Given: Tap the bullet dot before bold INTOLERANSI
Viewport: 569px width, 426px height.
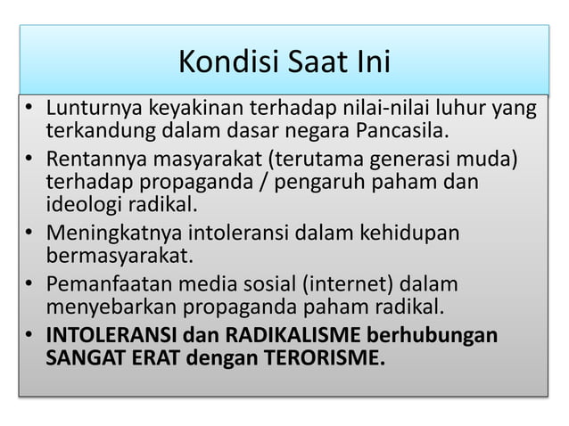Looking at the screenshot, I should click(x=29, y=337).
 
